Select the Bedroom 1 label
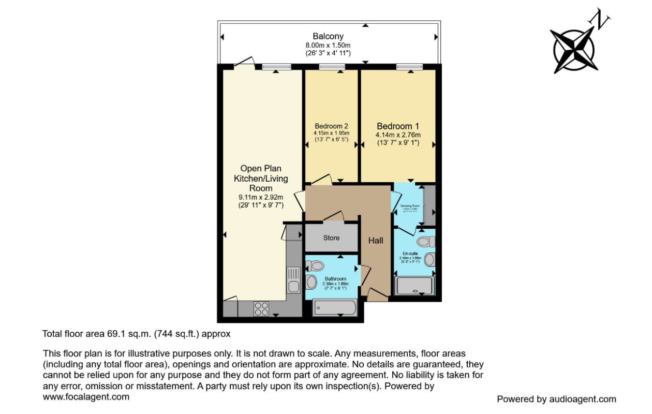397,126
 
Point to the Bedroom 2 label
331,126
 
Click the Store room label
331,238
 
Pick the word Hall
376,241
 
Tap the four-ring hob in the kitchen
261,308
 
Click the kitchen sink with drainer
293,279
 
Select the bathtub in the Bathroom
335,308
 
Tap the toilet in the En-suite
426,242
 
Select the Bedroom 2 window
332,66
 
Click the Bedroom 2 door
321,180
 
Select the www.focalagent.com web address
86,397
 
